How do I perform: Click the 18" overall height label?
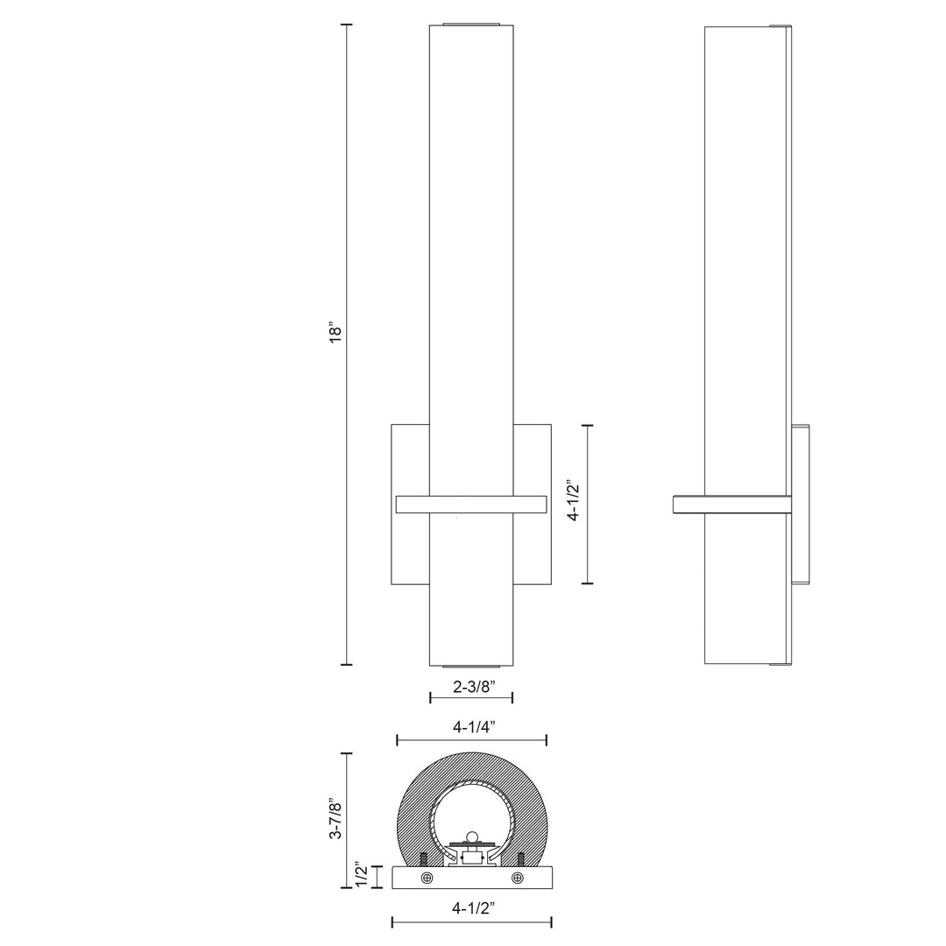point(335,332)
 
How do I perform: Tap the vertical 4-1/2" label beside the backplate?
point(574,500)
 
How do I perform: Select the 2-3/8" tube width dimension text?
point(470,687)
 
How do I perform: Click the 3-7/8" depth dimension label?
point(334,819)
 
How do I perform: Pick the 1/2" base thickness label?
point(361,876)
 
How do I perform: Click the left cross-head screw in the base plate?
point(427,878)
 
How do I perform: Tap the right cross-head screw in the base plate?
point(518,878)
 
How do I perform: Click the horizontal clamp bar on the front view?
point(471,504)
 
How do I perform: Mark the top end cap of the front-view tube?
point(471,24)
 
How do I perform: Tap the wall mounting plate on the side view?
point(801,504)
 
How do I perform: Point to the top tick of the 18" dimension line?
point(346,25)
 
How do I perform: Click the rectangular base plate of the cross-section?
point(471,878)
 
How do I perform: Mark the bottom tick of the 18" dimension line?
point(346,665)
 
